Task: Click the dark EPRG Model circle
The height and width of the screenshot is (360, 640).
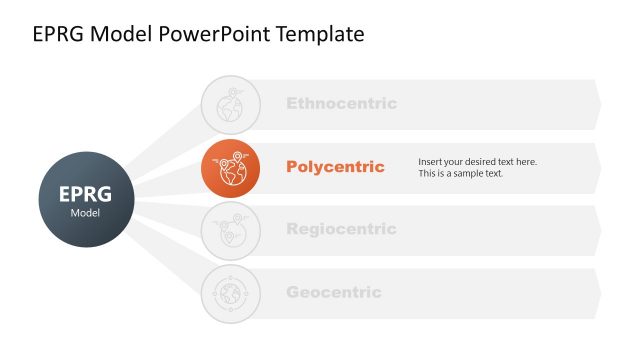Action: (85, 198)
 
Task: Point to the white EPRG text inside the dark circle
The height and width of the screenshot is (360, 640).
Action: (85, 193)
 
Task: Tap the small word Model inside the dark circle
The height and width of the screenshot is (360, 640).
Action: (85, 213)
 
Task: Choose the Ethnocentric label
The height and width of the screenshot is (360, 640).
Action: (341, 103)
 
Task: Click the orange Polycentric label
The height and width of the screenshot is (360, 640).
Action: (335, 167)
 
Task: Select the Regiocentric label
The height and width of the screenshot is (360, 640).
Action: (341, 229)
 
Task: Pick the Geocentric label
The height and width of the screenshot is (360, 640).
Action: (334, 292)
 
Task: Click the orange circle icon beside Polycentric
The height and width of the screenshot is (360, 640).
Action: (230, 167)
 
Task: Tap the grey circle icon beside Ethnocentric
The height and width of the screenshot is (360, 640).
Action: (230, 103)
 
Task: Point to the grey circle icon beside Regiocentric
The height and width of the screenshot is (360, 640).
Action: (230, 230)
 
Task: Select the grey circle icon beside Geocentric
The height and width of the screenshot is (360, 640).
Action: (230, 293)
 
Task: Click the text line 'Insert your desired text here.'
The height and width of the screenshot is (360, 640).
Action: (477, 161)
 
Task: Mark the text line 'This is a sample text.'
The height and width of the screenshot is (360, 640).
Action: (461, 174)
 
